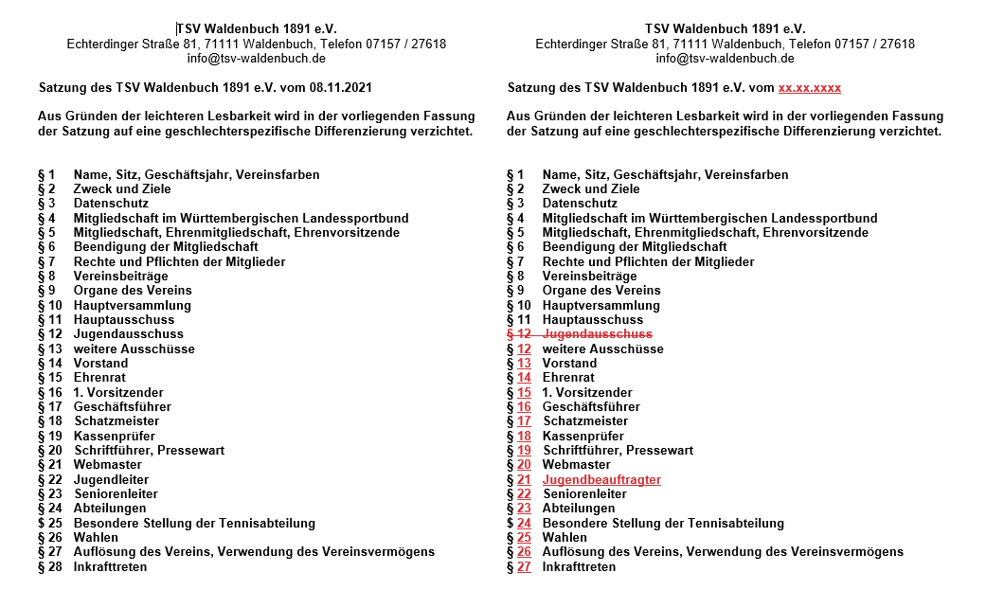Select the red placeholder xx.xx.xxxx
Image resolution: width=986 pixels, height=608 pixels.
809,88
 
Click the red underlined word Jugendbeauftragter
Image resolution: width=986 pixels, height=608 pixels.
601,480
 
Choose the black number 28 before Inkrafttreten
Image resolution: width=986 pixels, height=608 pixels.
55,567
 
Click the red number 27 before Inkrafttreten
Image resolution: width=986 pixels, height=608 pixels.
524,567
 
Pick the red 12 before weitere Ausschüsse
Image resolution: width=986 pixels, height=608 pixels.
524,349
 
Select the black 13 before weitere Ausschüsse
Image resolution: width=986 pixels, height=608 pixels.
55,349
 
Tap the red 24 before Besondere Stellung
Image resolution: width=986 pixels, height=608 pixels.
524,524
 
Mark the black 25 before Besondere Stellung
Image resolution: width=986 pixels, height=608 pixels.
55,524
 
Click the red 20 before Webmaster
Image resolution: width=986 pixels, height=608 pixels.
524,465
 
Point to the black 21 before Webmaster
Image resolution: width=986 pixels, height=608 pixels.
55,465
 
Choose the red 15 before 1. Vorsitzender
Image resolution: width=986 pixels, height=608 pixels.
524,393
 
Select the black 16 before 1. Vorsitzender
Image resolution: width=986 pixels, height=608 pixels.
55,393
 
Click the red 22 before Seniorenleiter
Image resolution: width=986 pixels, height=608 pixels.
524,494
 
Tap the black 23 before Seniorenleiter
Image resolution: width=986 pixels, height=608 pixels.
55,494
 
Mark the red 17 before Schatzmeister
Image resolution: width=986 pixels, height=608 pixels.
524,421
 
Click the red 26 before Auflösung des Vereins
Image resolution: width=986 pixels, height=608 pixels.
524,552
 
